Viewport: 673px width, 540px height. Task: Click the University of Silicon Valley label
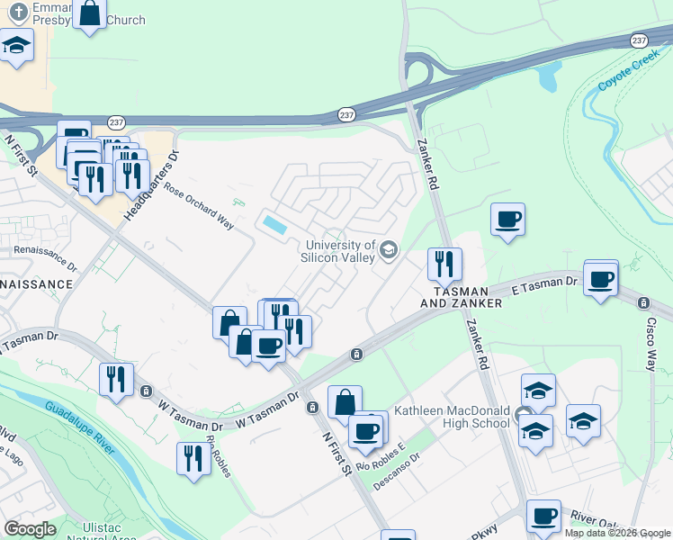coord(340,251)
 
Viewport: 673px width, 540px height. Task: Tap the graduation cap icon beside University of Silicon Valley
coord(389,249)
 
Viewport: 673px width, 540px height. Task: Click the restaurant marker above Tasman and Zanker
coord(444,265)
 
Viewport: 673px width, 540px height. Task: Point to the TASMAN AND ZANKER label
coord(461,298)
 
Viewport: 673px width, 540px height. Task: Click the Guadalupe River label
coord(80,429)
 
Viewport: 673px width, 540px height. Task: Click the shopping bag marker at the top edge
coord(89,13)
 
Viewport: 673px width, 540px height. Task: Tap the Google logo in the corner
coord(30,529)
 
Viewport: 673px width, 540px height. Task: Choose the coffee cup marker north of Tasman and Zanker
coord(507,220)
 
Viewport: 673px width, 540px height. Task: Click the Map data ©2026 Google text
coord(617,533)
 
